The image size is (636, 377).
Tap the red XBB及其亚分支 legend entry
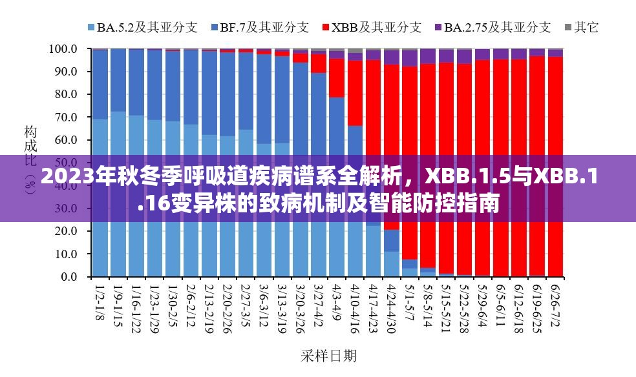[375, 27]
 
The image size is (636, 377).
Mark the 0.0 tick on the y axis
[68, 277]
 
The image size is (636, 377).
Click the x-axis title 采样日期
[328, 356]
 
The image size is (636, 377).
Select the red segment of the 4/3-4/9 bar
[336, 77]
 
